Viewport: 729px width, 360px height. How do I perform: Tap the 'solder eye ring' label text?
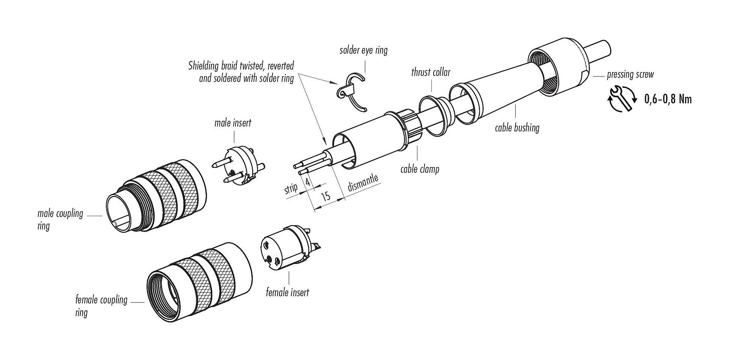(x=363, y=51)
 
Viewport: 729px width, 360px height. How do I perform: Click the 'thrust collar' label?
(x=430, y=72)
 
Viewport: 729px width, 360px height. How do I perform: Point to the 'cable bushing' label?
(x=517, y=128)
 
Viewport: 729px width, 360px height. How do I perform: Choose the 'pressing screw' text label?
(x=630, y=74)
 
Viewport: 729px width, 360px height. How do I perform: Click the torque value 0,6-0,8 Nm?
(x=668, y=99)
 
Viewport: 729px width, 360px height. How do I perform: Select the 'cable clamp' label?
(x=420, y=169)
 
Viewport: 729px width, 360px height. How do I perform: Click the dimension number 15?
(x=325, y=196)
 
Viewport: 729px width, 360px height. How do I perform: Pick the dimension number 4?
(x=308, y=182)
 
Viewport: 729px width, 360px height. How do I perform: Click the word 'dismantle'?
(x=363, y=184)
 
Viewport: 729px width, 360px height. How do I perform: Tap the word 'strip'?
(x=291, y=189)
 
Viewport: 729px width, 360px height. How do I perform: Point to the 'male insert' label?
(x=233, y=123)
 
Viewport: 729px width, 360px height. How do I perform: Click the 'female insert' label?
(x=287, y=292)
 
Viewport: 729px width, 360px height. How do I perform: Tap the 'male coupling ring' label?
(x=60, y=219)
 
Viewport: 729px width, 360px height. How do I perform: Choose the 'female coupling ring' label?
(x=101, y=306)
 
